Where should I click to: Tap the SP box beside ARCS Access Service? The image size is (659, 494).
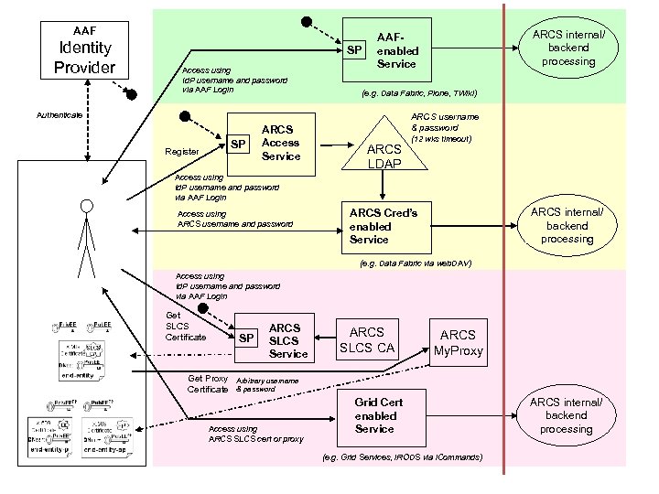239,144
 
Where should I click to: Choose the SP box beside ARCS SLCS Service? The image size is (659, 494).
246,338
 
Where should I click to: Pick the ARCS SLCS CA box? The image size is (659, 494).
366,339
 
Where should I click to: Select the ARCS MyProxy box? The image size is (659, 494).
458,343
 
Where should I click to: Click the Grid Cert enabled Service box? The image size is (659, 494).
378,416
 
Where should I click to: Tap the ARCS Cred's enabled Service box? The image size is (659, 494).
383,226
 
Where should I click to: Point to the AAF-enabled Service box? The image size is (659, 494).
397,48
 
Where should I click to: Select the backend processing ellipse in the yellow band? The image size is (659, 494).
567,225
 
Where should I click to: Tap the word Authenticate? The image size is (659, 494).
59,115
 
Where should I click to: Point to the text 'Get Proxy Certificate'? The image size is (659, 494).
208,383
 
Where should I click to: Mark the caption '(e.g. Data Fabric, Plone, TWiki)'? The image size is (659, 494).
418,93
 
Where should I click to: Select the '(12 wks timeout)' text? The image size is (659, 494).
441,139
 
